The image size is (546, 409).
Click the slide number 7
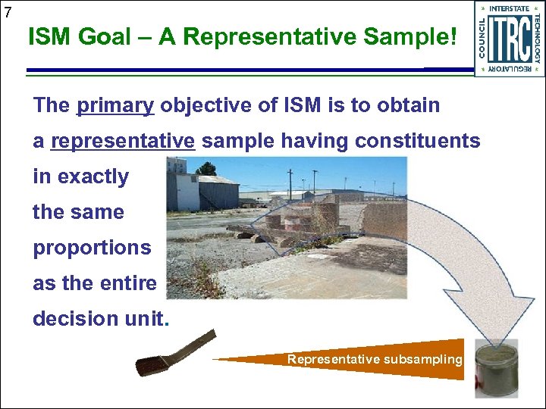pos(7,11)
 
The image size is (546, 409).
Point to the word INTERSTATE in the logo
pos(510,9)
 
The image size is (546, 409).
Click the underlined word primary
pos(115,105)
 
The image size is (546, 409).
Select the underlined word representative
pos(124,141)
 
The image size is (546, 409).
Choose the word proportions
pos(92,248)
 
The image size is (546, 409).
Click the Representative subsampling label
pos(375,359)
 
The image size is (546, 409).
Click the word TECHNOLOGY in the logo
pos(536,38)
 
